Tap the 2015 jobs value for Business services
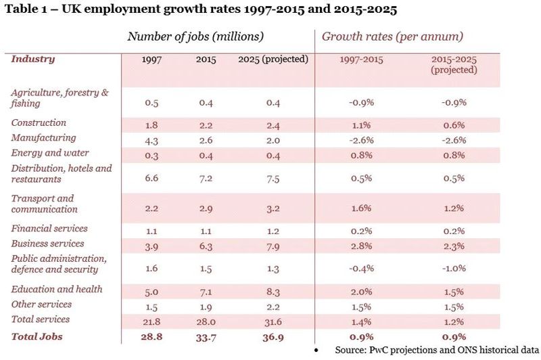tap(206, 244)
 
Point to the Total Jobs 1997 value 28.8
tap(151, 336)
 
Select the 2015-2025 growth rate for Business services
tap(454, 244)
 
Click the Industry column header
tap(33, 59)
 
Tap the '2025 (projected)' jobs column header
tap(273, 60)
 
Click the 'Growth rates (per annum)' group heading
tap(392, 37)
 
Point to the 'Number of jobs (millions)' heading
tap(195, 37)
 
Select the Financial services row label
tap(49, 229)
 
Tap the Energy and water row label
tap(50, 153)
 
